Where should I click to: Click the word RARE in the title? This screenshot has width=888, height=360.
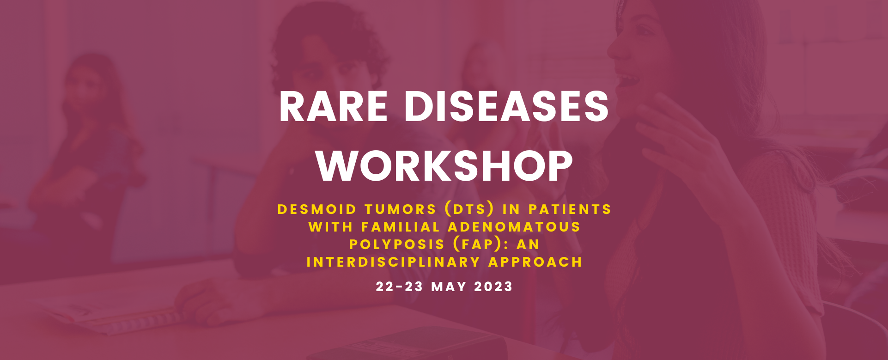point(333,106)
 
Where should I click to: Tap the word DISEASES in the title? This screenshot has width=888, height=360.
point(506,106)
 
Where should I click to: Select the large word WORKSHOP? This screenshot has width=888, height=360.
point(444,166)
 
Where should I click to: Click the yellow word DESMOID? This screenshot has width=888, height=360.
point(317,209)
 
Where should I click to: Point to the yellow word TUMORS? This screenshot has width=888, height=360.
point(400,209)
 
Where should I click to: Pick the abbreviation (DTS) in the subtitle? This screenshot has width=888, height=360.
point(469,209)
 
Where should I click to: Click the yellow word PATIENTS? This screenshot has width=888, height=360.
point(570,209)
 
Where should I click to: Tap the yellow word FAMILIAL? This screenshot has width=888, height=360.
point(401,227)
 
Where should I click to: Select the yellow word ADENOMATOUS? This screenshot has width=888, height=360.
point(514,227)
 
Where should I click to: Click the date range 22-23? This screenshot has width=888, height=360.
point(399,287)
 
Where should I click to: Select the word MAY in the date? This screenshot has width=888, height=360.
point(449,287)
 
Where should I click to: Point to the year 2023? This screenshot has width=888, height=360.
point(493,287)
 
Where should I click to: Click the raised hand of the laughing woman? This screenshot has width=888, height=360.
point(684,139)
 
